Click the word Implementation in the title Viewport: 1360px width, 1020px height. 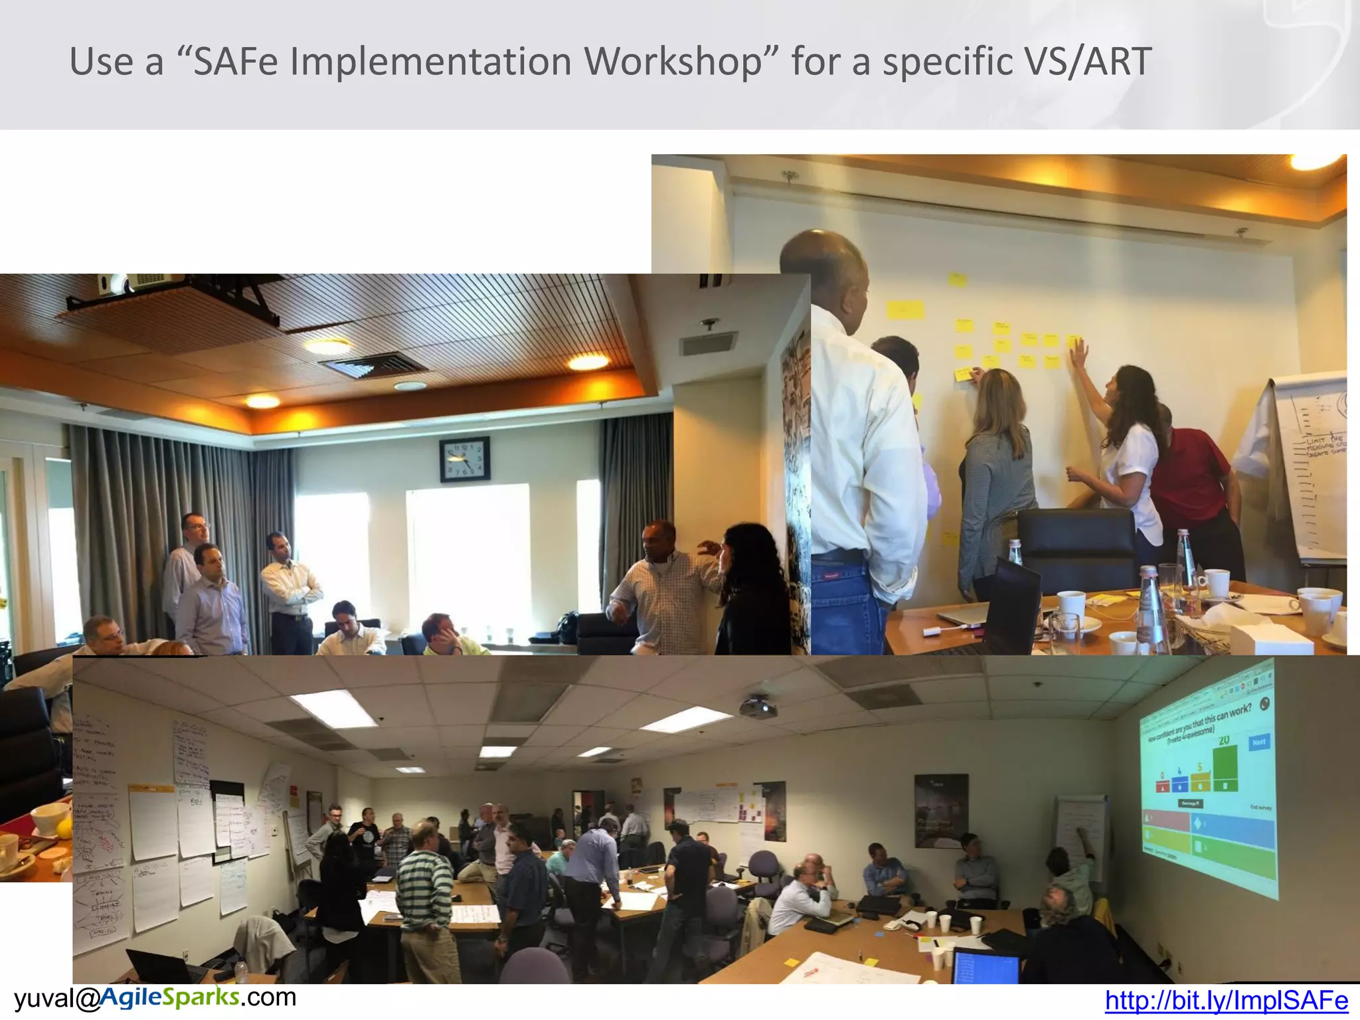pos(432,62)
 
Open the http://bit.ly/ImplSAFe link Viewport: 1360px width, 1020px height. pos(1226,1001)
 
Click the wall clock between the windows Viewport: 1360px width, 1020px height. pos(464,459)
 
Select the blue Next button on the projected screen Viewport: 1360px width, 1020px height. pos(1258,742)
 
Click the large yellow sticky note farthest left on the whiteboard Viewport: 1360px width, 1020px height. pos(904,309)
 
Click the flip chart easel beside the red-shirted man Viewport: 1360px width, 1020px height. pos(1312,465)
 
